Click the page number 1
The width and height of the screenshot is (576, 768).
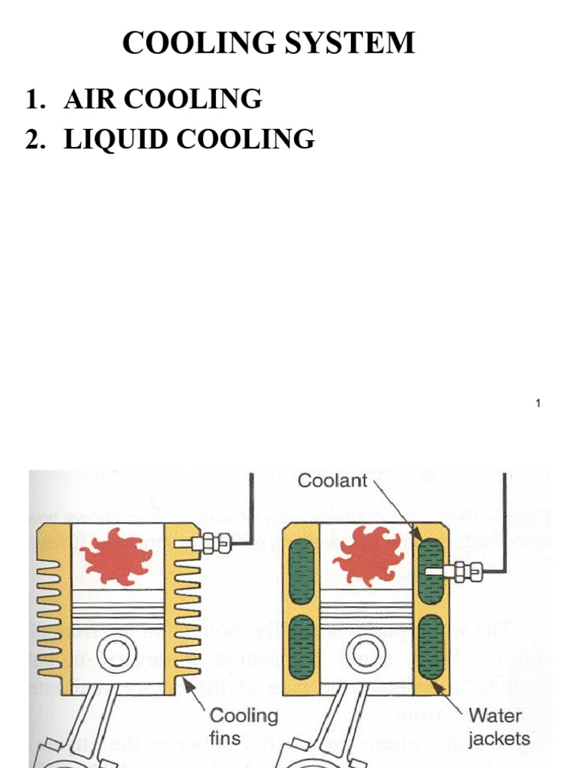coord(538,404)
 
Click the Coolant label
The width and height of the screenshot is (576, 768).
coord(332,481)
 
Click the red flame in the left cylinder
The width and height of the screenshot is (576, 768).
coord(116,556)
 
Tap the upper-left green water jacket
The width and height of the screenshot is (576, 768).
coord(301,571)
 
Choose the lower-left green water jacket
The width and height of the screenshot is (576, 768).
coord(301,648)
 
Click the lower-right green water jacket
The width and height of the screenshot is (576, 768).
coord(431,646)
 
